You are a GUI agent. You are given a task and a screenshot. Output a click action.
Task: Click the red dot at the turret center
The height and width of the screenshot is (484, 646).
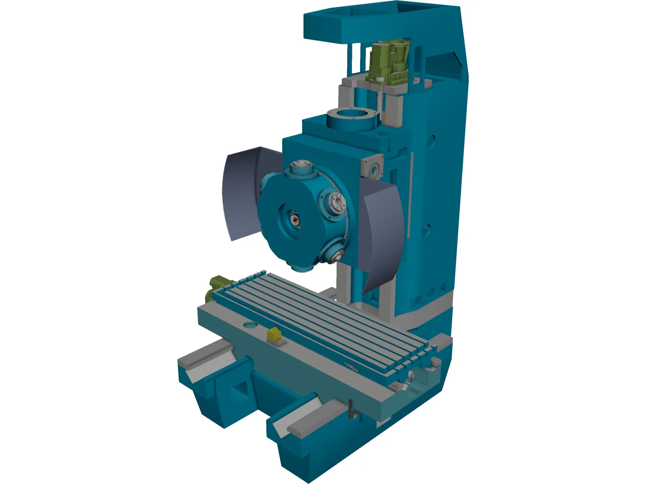(x=296, y=219)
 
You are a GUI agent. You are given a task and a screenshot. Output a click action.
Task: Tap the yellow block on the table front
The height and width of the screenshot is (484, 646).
(x=275, y=334)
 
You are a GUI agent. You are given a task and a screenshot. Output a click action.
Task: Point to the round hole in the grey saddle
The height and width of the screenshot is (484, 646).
(x=250, y=325)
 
